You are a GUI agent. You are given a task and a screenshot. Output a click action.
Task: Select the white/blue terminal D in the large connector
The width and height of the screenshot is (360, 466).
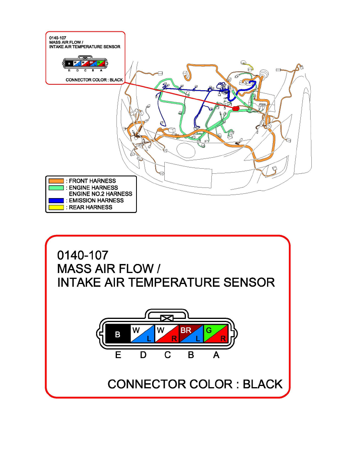(142, 335)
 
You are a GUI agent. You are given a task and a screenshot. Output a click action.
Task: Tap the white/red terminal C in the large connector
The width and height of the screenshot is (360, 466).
(167, 335)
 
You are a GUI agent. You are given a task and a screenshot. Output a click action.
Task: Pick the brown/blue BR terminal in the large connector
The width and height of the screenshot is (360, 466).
(191, 335)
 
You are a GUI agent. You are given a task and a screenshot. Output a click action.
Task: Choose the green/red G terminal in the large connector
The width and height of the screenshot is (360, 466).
(215, 335)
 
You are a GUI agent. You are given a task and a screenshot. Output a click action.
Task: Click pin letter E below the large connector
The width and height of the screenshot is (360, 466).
(118, 355)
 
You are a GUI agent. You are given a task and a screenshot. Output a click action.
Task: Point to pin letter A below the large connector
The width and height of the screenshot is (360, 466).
(216, 355)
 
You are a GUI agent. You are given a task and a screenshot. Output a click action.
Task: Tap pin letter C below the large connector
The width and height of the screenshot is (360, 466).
(167, 355)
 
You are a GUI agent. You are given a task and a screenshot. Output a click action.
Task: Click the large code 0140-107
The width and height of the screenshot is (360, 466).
(82, 255)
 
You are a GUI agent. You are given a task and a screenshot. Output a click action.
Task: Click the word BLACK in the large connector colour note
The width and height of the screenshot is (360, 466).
(262, 384)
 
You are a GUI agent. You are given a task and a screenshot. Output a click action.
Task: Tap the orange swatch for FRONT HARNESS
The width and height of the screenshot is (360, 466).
(56, 181)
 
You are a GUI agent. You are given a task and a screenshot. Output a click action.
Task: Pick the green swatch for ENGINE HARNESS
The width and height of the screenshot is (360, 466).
(56, 187)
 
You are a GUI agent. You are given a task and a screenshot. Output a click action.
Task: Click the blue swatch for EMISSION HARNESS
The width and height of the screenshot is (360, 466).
(56, 200)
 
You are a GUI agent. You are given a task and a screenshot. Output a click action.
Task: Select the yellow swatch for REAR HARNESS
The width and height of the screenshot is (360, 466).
(56, 207)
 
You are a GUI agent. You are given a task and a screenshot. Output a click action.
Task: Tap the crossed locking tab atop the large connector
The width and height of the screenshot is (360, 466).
(167, 319)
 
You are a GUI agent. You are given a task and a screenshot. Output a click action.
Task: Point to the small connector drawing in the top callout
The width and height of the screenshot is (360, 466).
(85, 64)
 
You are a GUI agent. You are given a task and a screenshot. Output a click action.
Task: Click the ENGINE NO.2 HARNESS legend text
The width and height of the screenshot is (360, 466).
(100, 194)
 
